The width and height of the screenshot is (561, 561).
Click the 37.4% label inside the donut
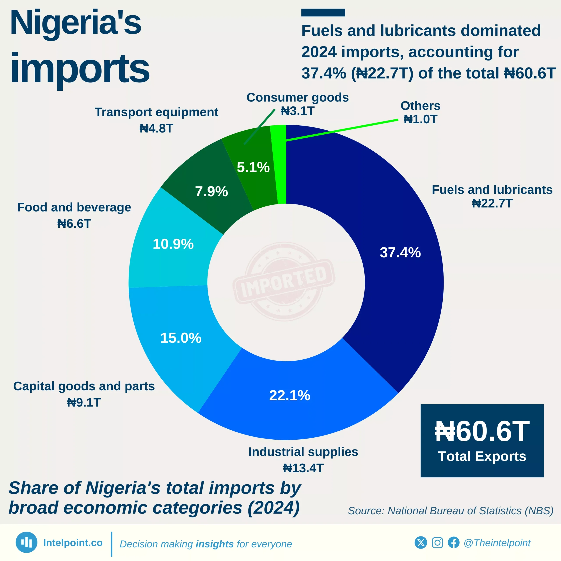[400, 253]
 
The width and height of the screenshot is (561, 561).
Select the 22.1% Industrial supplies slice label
[289, 396]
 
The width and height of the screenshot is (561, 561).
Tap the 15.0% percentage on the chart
[181, 338]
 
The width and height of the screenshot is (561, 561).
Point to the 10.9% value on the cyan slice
[173, 244]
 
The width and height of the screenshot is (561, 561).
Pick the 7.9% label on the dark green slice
[211, 192]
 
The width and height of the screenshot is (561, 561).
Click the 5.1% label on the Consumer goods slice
[253, 167]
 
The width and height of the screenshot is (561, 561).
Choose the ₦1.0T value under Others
[420, 119]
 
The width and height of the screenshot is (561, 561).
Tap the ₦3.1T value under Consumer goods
[297, 111]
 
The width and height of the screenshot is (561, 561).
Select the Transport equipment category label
[156, 112]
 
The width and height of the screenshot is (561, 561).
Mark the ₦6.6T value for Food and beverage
[74, 224]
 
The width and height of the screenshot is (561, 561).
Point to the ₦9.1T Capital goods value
[84, 403]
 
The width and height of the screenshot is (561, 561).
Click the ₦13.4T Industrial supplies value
[303, 468]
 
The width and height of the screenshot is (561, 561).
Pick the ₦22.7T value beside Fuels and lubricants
[492, 203]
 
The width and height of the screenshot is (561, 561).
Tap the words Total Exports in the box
[482, 456]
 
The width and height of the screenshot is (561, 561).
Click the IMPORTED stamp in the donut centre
[284, 282]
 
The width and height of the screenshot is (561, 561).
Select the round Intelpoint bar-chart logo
[27, 542]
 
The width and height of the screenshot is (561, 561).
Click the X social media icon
[421, 542]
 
